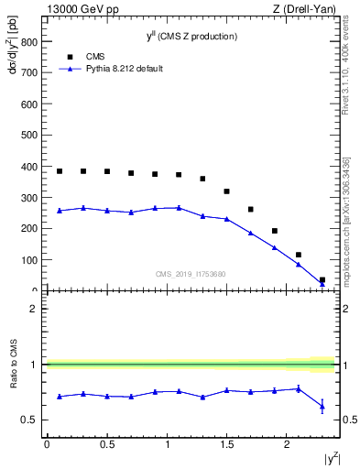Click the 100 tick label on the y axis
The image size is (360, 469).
pyautogui.click(x=27, y=260)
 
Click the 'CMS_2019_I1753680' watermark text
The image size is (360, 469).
pyautogui.click(x=190, y=272)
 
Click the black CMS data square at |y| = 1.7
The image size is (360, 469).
pyautogui.click(x=250, y=209)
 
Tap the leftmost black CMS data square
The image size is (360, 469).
pyautogui.click(x=60, y=171)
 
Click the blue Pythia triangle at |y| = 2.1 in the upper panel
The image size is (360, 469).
pyautogui.click(x=298, y=264)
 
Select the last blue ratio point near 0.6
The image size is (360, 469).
pyautogui.click(x=322, y=406)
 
